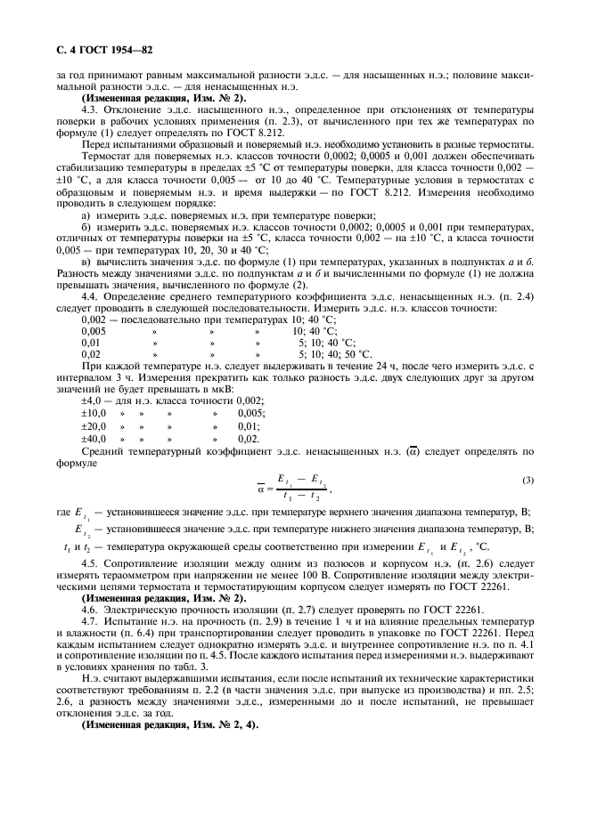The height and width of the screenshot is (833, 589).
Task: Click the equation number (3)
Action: click(x=528, y=481)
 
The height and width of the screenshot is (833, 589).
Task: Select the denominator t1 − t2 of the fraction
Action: click(x=303, y=497)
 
